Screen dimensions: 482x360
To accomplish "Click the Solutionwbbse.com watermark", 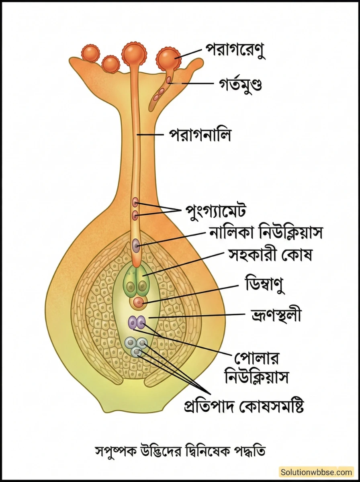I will [x=317, y=472].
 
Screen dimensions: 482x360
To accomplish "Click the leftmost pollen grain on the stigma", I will [x=90, y=53].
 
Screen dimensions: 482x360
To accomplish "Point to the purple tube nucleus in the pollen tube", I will [x=137, y=245].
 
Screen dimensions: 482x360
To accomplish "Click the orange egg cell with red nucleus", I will [x=138, y=302].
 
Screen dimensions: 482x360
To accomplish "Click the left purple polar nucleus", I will [x=133, y=322].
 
